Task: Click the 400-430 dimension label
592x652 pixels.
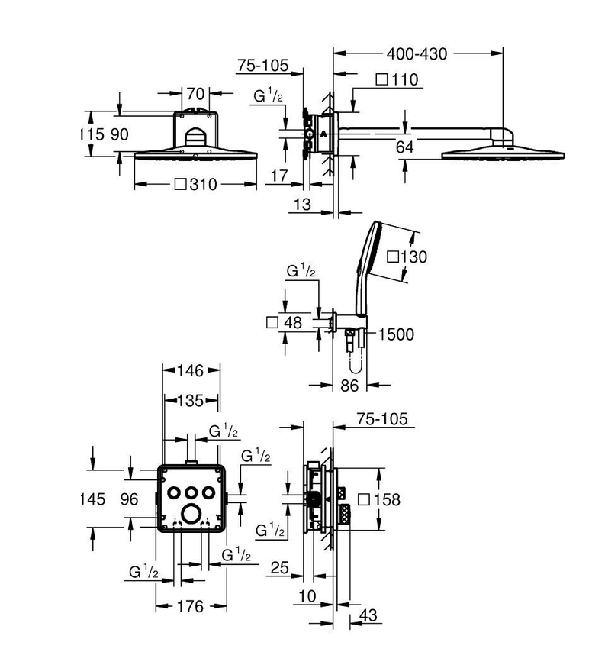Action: (x=417, y=54)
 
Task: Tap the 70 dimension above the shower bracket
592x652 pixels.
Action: (x=195, y=94)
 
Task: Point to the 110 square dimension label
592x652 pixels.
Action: (x=397, y=79)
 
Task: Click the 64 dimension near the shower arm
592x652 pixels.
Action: (x=404, y=147)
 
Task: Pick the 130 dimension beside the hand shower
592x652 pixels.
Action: (x=407, y=257)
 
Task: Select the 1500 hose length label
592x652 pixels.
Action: (x=397, y=334)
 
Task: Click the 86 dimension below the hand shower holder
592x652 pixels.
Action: (x=349, y=386)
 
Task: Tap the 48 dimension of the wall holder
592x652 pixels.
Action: (x=285, y=323)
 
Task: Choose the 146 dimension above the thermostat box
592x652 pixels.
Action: (x=190, y=370)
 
